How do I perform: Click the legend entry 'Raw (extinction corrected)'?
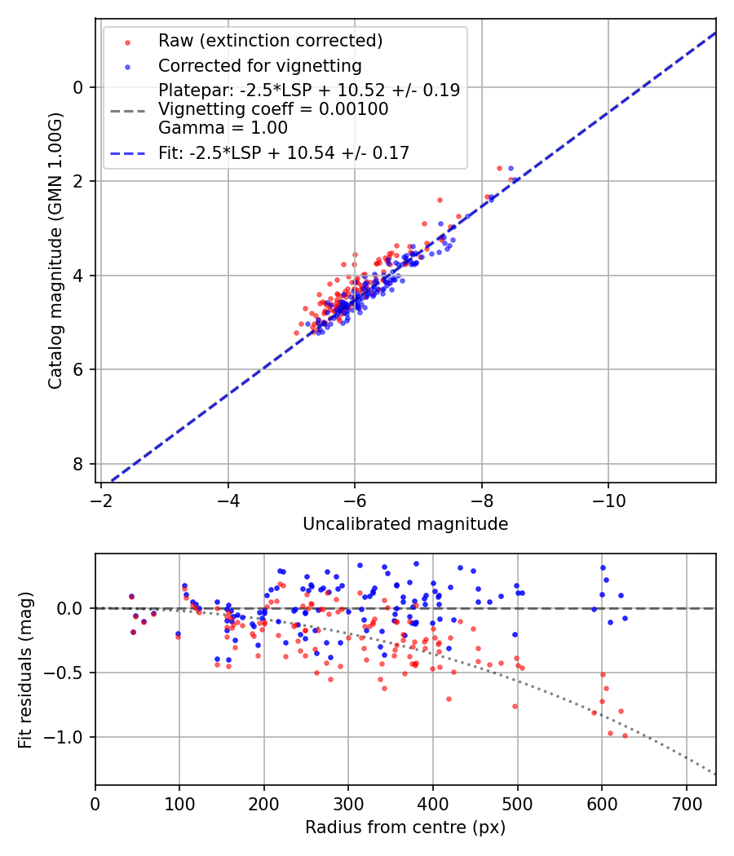tap(270, 41)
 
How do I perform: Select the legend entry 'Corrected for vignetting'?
tap(259, 65)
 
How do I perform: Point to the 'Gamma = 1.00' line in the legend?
tap(223, 127)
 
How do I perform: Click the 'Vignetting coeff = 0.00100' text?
tap(273, 109)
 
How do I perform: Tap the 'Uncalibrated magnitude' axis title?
tap(405, 524)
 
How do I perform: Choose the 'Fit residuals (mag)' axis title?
tap(25, 669)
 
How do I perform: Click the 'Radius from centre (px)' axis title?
tap(405, 827)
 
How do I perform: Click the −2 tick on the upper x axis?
tap(101, 498)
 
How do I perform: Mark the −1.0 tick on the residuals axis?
tap(72, 737)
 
